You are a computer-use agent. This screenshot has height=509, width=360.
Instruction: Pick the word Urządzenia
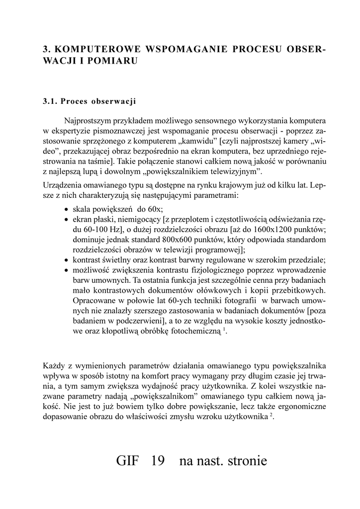pyautogui.click(x=61, y=185)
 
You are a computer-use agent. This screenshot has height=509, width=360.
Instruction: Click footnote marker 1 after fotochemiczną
pyautogui.click(x=224, y=330)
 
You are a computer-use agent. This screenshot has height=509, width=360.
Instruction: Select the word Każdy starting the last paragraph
pyautogui.click(x=54, y=367)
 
